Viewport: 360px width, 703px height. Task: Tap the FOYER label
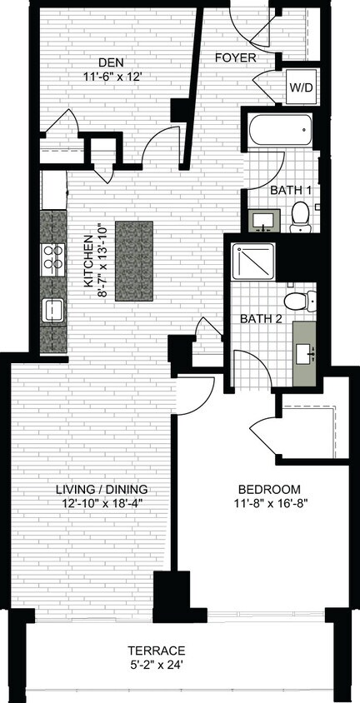tap(235, 58)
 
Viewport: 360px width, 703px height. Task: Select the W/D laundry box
tap(298, 87)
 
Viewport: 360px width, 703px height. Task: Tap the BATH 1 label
tap(291, 191)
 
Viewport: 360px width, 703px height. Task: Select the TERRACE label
tap(156, 651)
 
